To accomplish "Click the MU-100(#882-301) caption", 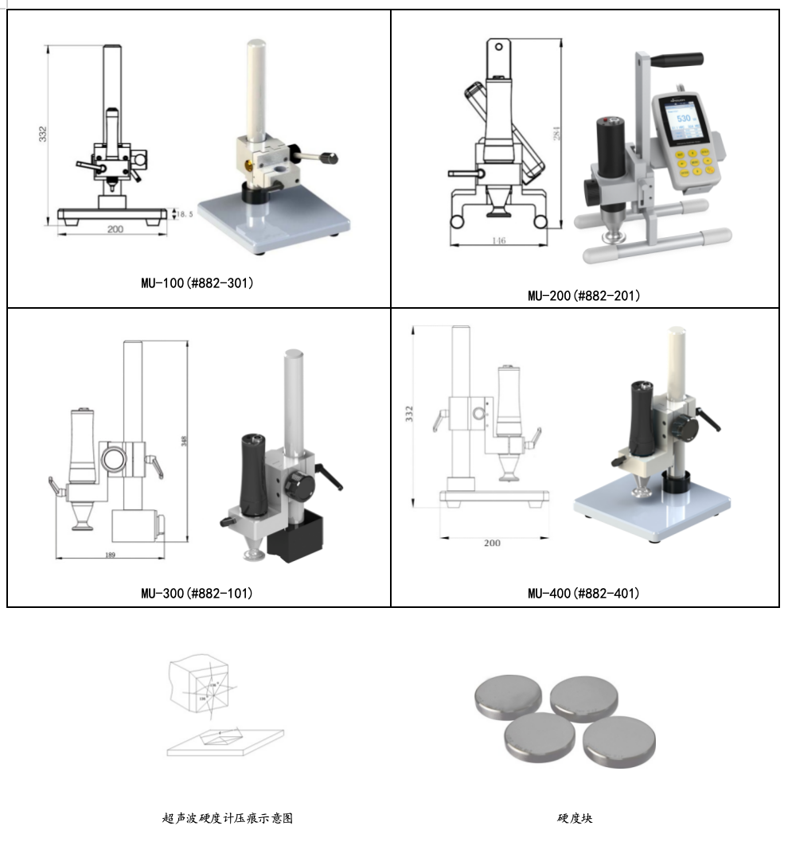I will tap(197, 282).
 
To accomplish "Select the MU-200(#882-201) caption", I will tap(584, 295).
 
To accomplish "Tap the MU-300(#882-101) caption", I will tap(197, 593).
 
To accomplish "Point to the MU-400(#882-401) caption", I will tap(584, 593).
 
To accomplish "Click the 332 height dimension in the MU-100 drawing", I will tap(43, 134).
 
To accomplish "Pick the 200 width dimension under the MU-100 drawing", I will tap(115, 229).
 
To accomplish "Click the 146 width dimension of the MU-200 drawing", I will tap(498, 240).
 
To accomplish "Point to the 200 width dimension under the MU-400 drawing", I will tap(492, 543).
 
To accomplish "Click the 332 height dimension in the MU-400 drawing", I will tap(409, 414).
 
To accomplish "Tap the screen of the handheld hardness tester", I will tap(682, 126).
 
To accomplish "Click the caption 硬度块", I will tap(575, 817).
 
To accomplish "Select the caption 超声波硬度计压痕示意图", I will tap(228, 817).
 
